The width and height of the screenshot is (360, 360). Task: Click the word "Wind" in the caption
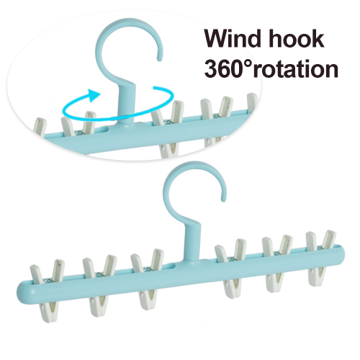pos(233,38)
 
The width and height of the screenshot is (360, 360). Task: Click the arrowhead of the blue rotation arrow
pos(94,95)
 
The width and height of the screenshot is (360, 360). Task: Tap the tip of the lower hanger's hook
pos(223,199)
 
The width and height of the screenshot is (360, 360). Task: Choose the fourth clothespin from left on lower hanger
pos(231,268)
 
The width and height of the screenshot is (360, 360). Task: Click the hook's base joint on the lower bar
pos(193,260)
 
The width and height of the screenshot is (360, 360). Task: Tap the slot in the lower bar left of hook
pos(171,266)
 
